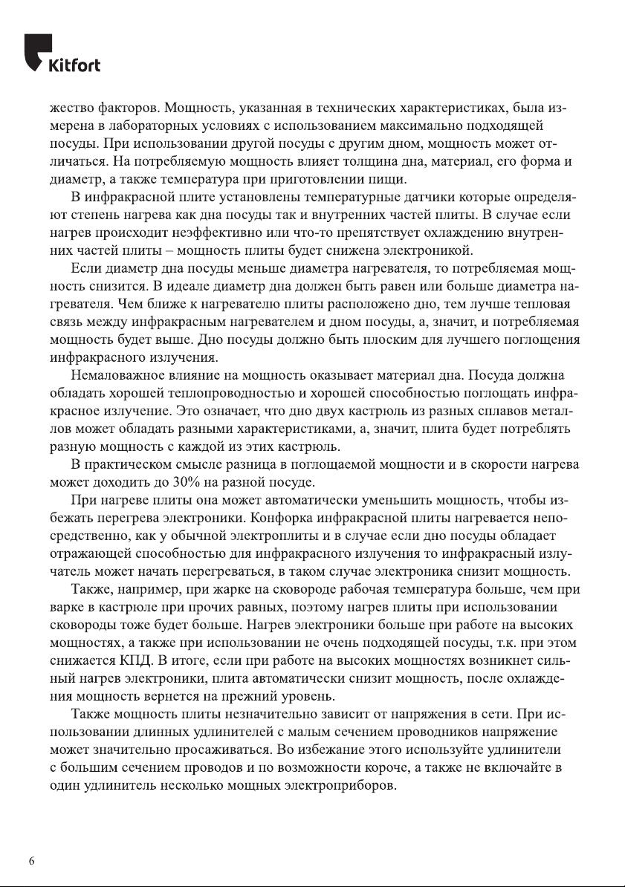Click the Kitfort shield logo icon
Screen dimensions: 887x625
point(37,51)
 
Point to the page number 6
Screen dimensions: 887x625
point(31,861)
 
